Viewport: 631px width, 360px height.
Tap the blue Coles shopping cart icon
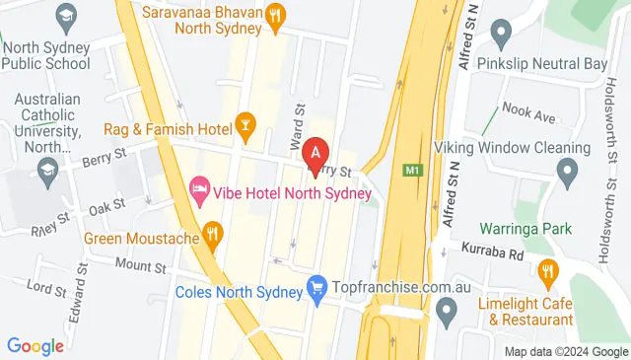point(316,288)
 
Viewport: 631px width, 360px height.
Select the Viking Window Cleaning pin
point(566,176)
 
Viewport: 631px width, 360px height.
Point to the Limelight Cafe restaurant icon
point(548,271)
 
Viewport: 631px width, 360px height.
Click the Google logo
point(35,345)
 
